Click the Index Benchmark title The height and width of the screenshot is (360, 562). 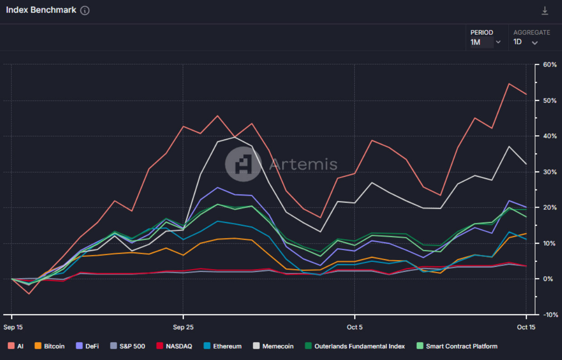pos(41,10)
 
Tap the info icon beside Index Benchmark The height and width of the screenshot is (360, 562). pos(85,10)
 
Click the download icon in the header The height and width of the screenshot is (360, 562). pos(545,11)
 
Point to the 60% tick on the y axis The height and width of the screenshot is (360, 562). pos(550,65)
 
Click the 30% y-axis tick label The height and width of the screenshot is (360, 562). pos(550,172)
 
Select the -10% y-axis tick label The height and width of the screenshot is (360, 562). pos(549,315)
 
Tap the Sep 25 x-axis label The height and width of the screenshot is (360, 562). pos(183,327)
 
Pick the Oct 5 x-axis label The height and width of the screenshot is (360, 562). pos(354,327)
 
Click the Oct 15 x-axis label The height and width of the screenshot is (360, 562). pos(526,327)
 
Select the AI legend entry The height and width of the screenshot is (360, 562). pos(15,346)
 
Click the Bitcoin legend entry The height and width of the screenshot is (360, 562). pos(49,346)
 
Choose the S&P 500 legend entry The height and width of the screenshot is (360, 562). pos(128,346)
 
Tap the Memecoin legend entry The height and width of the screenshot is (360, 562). pos(274,346)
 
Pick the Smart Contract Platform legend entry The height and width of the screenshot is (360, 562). pos(457,346)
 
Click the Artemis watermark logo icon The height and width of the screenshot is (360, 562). pos(243,164)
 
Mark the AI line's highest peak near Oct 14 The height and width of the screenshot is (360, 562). pos(509,84)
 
